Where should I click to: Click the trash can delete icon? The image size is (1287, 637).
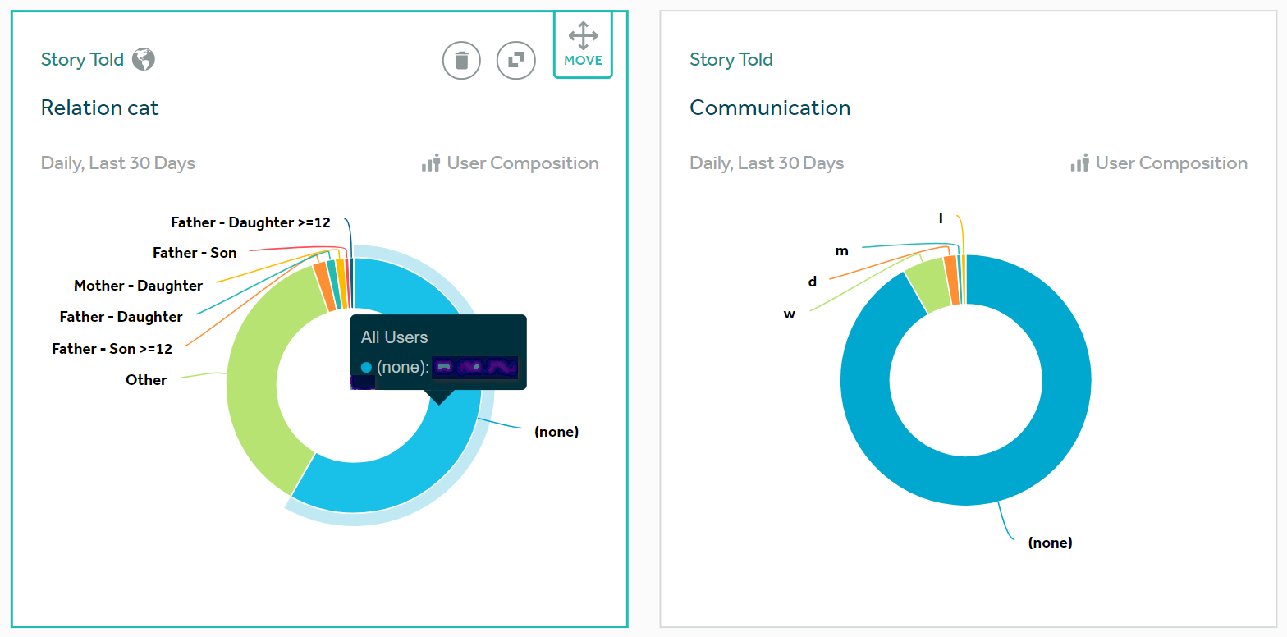[461, 60]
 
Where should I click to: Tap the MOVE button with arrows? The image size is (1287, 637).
[583, 45]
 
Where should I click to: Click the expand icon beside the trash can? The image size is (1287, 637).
[516, 60]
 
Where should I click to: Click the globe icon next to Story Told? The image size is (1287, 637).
[144, 59]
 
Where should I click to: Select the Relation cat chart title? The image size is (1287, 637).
[99, 108]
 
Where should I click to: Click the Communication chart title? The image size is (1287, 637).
[769, 108]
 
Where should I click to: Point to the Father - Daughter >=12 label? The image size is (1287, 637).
[250, 222]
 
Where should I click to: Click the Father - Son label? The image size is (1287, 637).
[195, 253]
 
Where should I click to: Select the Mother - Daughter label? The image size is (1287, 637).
[138, 286]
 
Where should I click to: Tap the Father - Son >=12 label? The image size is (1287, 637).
[112, 349]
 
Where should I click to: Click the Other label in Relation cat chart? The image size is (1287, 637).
[146, 380]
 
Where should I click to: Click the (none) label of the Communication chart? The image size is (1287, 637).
[1050, 543]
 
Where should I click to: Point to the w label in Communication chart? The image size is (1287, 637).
[789, 314]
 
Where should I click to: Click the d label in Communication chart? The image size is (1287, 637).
[813, 282]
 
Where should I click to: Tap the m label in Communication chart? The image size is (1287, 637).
[841, 250]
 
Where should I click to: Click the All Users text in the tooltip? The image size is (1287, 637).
[394, 337]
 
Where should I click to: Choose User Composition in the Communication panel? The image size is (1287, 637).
[1170, 163]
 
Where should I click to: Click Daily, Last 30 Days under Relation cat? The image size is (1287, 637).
[118, 163]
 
